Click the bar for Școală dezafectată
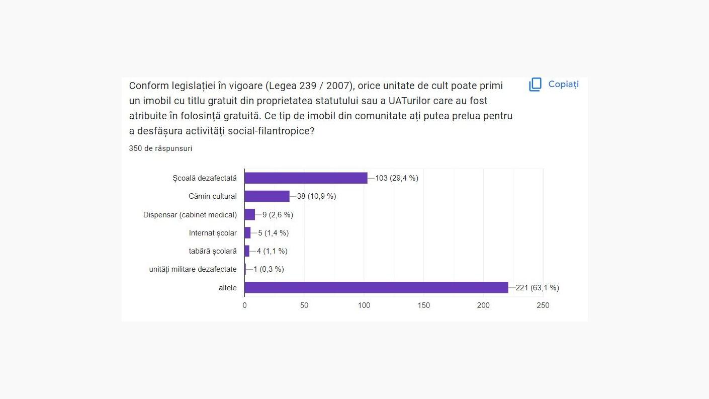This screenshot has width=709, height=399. pyautogui.click(x=306, y=178)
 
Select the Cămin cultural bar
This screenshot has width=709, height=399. pyautogui.click(x=267, y=196)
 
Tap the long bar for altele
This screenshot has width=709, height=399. pyautogui.click(x=376, y=288)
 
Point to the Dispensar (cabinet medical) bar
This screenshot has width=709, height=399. pyautogui.click(x=250, y=215)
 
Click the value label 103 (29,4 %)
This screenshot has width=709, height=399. pyautogui.click(x=397, y=178)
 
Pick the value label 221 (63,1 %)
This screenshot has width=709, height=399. pyautogui.click(x=537, y=288)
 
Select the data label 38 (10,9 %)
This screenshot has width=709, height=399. pyautogui.click(x=316, y=196)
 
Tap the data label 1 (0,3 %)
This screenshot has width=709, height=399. pyautogui.click(x=269, y=269)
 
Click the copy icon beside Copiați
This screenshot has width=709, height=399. pyautogui.click(x=535, y=85)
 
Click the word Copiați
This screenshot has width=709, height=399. pyautogui.click(x=563, y=84)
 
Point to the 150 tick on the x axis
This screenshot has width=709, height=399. pyautogui.click(x=424, y=305)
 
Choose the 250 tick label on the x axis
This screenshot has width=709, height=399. pyautogui.click(x=543, y=305)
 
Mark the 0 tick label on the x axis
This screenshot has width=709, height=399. pyautogui.click(x=245, y=305)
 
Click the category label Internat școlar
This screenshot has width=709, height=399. pyautogui.click(x=213, y=233)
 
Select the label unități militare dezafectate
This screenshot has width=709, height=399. pyautogui.click(x=193, y=269)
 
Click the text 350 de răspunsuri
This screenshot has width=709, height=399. pyautogui.click(x=160, y=148)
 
